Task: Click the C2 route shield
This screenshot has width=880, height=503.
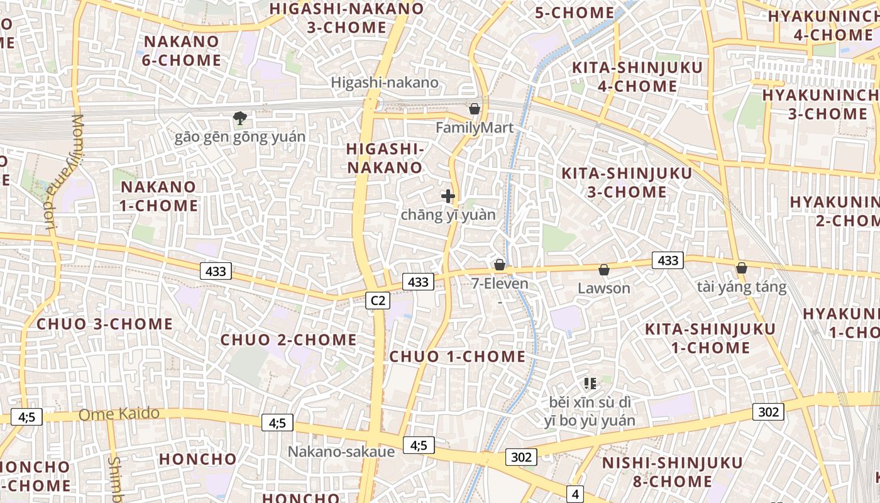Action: pyautogui.click(x=378, y=301)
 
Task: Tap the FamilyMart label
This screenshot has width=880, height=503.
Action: pyautogui.click(x=475, y=128)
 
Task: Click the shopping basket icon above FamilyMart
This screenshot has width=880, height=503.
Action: pyautogui.click(x=475, y=109)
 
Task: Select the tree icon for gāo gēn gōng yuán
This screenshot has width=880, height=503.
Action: pyautogui.click(x=239, y=118)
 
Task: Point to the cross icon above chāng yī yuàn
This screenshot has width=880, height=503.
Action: pyautogui.click(x=448, y=196)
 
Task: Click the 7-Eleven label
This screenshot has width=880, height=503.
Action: pyautogui.click(x=500, y=284)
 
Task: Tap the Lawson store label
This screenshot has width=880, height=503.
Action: pyautogui.click(x=604, y=288)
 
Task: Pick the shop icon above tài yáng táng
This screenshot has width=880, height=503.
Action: pyautogui.click(x=742, y=268)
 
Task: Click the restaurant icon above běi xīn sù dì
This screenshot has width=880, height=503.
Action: pyautogui.click(x=590, y=383)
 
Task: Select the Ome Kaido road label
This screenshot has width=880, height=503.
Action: pyautogui.click(x=119, y=414)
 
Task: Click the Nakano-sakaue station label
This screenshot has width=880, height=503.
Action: pyautogui.click(x=341, y=451)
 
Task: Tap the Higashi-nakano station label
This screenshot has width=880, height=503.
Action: pyautogui.click(x=385, y=82)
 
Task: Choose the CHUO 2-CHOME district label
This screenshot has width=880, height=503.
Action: pyautogui.click(x=289, y=340)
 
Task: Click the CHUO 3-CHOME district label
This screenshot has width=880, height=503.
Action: pyautogui.click(x=106, y=324)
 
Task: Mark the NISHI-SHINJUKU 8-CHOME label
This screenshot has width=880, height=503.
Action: pyautogui.click(x=673, y=472)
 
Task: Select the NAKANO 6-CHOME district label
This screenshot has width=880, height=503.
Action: pyautogui.click(x=182, y=51)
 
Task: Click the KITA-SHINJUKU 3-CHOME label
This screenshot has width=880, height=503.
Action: pyautogui.click(x=627, y=182)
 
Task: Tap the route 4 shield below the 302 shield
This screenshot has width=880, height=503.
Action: pyautogui.click(x=575, y=494)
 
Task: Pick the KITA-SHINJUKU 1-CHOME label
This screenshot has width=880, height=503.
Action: pyautogui.click(x=710, y=338)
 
